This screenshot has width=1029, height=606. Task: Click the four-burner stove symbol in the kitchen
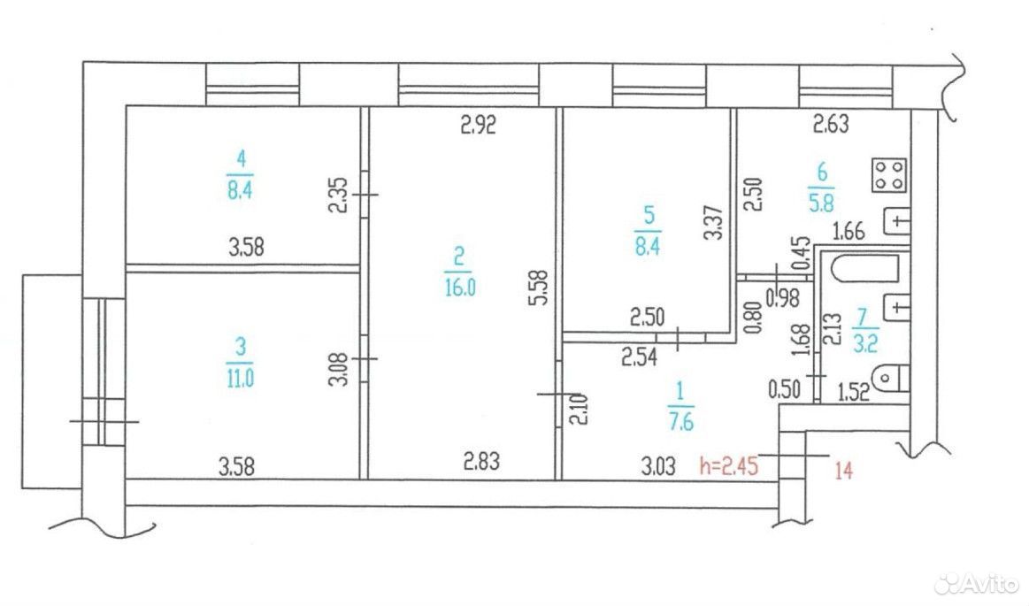click(x=889, y=174)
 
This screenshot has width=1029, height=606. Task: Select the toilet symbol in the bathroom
click(x=893, y=379)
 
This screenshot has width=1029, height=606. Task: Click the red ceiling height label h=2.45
click(x=728, y=466)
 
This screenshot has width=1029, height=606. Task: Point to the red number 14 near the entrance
click(x=843, y=470)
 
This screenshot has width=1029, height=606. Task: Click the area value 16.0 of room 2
click(x=459, y=288)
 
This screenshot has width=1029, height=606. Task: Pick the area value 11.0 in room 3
click(x=240, y=379)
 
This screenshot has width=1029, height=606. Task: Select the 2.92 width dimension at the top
click(x=478, y=124)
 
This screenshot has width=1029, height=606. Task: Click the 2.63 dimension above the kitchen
click(x=831, y=123)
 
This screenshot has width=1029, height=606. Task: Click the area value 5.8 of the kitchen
click(x=821, y=203)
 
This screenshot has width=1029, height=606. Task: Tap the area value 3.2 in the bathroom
click(x=865, y=343)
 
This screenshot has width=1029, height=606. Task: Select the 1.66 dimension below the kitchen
click(x=849, y=231)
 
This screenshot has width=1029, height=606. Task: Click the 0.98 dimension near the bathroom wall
click(x=783, y=298)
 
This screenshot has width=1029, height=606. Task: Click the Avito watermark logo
click(x=978, y=582)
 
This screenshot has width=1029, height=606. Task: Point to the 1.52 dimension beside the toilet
click(x=854, y=392)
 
